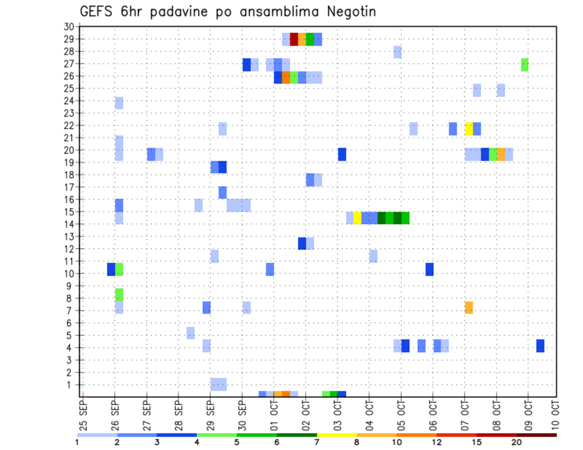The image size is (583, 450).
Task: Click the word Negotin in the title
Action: coord(346,12)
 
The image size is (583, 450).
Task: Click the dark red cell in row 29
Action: coord(294,39)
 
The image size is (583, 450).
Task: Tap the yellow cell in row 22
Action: coord(469,129)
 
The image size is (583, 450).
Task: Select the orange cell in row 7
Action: coord(469,307)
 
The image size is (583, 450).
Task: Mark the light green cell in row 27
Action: coord(525,64)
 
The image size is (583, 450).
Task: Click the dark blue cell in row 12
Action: coord(302,243)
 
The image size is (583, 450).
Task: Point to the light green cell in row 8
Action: coord(119,295)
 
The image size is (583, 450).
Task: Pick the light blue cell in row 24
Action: coord(119,103)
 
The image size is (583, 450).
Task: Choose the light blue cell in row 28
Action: coord(397,52)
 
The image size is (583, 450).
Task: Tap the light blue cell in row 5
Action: coord(191,333)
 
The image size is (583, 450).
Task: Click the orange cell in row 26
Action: coord(286,77)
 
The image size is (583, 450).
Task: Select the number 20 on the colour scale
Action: coord(516,443)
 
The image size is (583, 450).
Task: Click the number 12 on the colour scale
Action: coord(437,443)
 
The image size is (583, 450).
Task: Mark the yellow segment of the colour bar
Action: coord(336,435)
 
